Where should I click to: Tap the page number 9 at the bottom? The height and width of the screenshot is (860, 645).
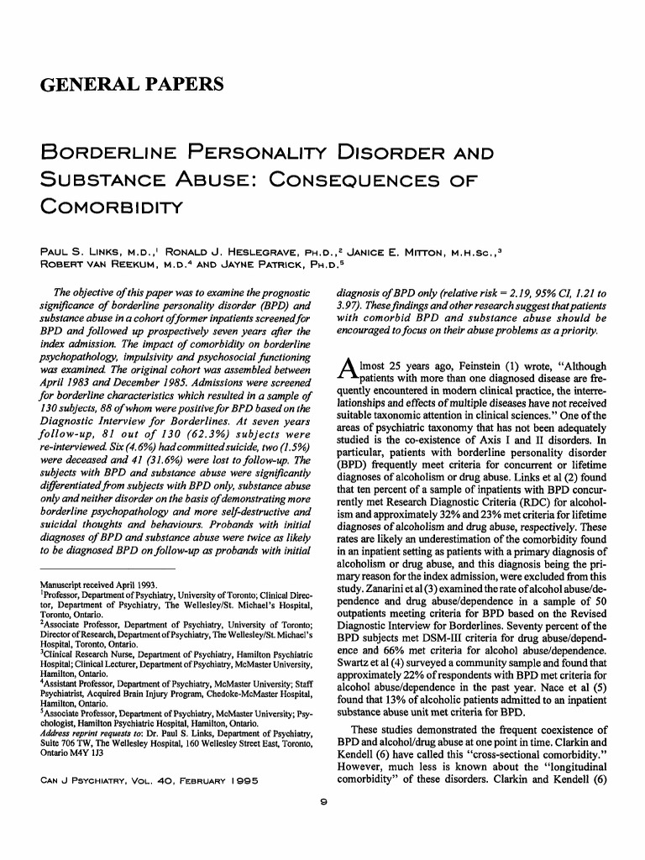point(323,804)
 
